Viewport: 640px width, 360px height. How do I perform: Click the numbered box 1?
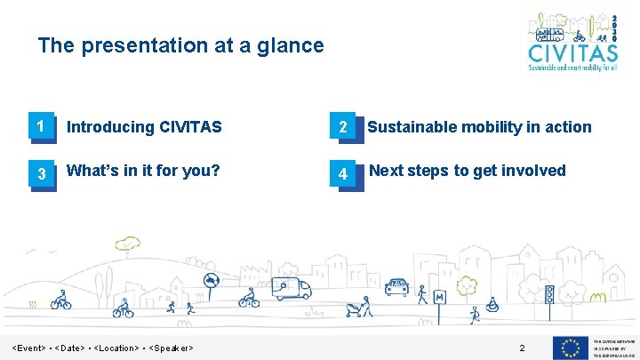tap(39, 127)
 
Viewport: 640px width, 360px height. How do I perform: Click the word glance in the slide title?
tap(290, 45)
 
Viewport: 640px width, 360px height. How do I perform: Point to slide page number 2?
tap(522, 347)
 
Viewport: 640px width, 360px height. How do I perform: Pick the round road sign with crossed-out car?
tap(212, 283)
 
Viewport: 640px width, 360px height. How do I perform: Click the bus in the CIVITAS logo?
tap(554, 35)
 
